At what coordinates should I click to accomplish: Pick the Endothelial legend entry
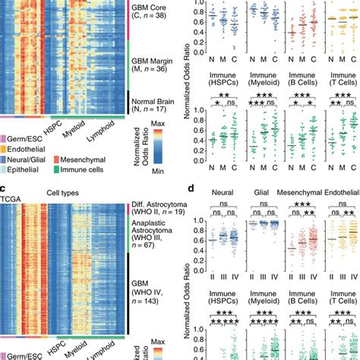click(x=30, y=150)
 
